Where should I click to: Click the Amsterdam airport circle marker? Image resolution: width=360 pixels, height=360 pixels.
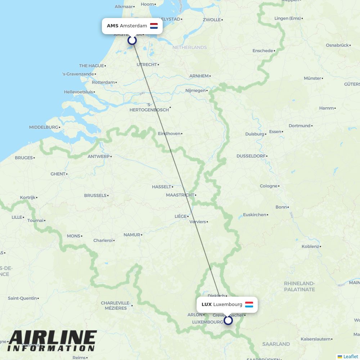point(132,40)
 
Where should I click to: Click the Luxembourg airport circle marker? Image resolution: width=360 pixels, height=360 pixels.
point(228,320)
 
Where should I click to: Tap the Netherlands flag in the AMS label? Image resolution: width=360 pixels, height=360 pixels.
point(154,26)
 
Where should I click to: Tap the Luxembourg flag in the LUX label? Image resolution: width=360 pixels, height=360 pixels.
point(249,305)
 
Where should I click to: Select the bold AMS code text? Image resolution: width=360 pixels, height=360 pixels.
point(112,26)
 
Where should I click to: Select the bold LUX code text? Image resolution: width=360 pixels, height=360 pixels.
point(207,305)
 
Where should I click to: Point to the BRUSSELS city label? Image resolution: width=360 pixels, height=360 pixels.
point(95,195)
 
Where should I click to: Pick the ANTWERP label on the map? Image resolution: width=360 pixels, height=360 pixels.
point(99,157)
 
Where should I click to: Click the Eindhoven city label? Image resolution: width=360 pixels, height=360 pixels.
point(169,134)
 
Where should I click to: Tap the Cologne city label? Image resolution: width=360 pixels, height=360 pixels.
point(269,186)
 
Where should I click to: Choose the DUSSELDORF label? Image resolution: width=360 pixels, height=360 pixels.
point(251,156)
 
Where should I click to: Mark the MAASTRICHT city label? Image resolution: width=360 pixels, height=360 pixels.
point(180,195)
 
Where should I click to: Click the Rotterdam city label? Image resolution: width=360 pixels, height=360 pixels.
point(103,82)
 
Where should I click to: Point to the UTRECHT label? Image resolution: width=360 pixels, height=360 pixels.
point(147,65)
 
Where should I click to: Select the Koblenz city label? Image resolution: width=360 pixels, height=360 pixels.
point(310,247)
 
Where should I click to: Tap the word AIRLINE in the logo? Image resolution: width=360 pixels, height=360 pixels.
point(53,338)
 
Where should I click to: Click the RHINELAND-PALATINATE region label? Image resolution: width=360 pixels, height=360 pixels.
point(300,287)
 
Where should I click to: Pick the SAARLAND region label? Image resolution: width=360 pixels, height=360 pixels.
point(276,344)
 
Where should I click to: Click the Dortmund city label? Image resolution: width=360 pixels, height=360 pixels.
point(300,126)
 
